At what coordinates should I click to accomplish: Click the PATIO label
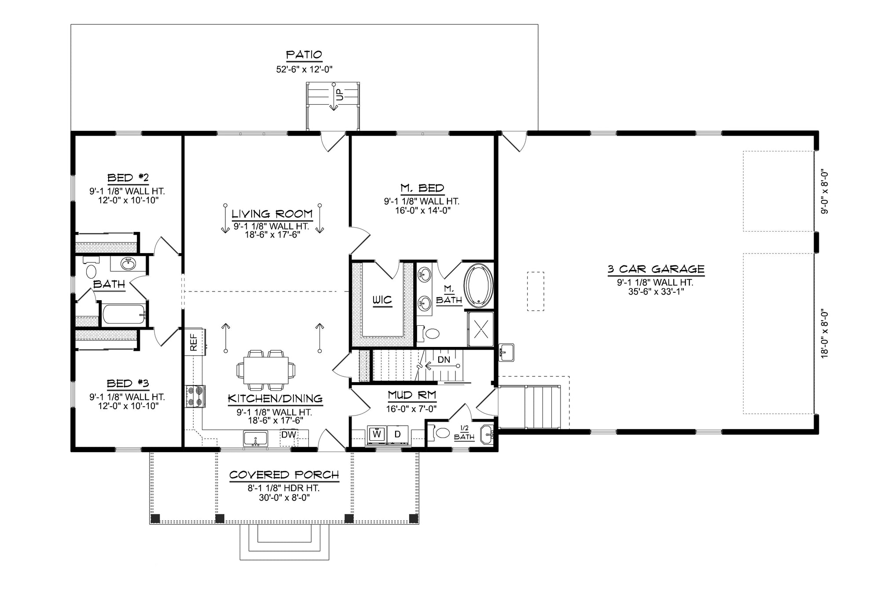tap(304, 55)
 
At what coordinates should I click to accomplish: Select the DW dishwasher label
tap(289, 435)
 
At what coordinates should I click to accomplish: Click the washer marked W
tap(377, 434)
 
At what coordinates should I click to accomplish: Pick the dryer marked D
tap(398, 434)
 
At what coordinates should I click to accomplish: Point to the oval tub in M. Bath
tap(479, 285)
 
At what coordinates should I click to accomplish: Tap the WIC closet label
tap(382, 300)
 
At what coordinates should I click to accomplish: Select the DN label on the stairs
tap(444, 360)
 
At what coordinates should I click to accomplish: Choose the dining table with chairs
tap(266, 370)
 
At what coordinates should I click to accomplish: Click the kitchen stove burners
tap(195, 396)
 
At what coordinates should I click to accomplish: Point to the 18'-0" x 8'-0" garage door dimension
tap(825, 333)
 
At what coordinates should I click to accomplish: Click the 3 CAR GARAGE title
tap(656, 269)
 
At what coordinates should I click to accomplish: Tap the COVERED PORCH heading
tap(284, 475)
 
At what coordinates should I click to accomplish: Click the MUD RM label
tap(412, 395)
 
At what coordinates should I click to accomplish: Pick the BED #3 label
tap(128, 383)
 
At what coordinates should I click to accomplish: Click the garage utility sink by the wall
tap(506, 352)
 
